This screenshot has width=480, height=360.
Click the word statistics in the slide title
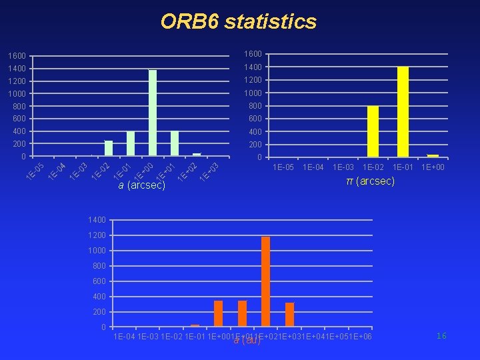[271, 22]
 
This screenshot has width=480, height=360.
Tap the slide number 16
[441, 337]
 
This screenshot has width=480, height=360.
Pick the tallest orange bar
[266, 281]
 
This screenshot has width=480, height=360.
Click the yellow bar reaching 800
[373, 131]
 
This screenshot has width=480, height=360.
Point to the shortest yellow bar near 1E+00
[433, 156]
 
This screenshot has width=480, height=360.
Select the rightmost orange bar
[289, 314]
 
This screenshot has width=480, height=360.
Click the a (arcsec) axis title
[141, 185]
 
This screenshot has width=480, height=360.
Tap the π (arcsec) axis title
[371, 181]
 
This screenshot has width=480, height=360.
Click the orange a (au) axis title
[247, 341]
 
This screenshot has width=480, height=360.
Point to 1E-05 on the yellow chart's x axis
[283, 167]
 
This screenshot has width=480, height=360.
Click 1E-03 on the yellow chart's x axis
[343, 167]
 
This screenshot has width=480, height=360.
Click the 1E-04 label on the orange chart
[125, 337]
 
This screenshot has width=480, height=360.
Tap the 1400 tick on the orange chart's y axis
[97, 220]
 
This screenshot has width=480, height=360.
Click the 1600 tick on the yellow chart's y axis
[253, 54]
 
